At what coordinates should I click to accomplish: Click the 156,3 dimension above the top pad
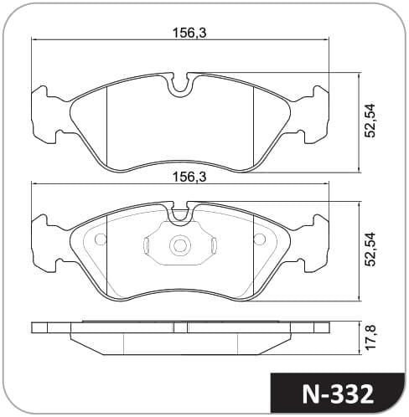[189, 33]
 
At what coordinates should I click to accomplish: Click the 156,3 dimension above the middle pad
[189, 177]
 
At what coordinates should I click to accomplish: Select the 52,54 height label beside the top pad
[371, 121]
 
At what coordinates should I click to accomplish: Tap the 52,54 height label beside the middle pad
[371, 250]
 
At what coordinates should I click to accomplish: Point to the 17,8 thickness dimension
[371, 338]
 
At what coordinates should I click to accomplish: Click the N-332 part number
[338, 394]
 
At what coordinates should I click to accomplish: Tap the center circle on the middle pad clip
[179, 245]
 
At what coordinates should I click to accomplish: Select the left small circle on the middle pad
[101, 239]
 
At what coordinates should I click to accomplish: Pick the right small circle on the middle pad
[259, 239]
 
